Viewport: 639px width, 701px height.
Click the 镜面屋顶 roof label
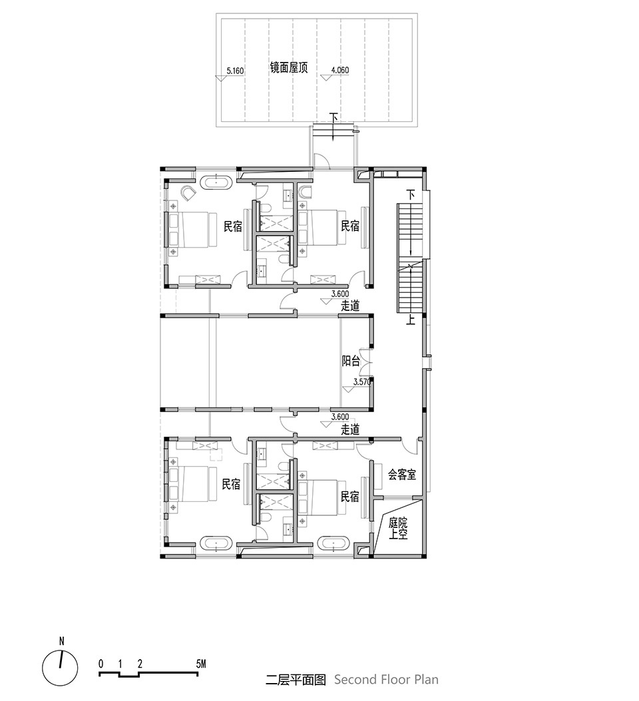tap(289, 67)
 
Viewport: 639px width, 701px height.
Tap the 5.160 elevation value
tap(235, 71)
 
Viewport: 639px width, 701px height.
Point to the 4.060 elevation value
tap(339, 70)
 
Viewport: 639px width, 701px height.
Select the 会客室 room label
tap(402, 475)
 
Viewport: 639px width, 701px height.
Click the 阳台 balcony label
tap(351, 361)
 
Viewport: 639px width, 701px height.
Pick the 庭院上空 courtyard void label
tap(398, 528)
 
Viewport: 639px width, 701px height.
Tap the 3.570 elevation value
tap(362, 382)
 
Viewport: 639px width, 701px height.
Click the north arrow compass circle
tap(60, 668)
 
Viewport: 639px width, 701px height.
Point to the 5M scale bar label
tap(201, 664)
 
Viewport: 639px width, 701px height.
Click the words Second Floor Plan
tap(386, 680)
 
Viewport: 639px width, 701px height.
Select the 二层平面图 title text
tap(296, 680)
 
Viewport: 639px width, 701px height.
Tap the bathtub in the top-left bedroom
tap(216, 183)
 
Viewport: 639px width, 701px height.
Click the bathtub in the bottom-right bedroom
tap(333, 544)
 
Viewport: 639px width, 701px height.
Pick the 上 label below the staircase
tap(411, 319)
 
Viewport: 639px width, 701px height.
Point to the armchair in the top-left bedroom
tap(188, 192)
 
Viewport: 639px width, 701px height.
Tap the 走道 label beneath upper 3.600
tap(350, 306)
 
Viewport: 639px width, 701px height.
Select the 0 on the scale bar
tap(101, 664)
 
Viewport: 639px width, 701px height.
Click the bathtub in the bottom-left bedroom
tap(216, 544)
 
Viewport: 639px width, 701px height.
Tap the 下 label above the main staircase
tap(411, 195)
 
